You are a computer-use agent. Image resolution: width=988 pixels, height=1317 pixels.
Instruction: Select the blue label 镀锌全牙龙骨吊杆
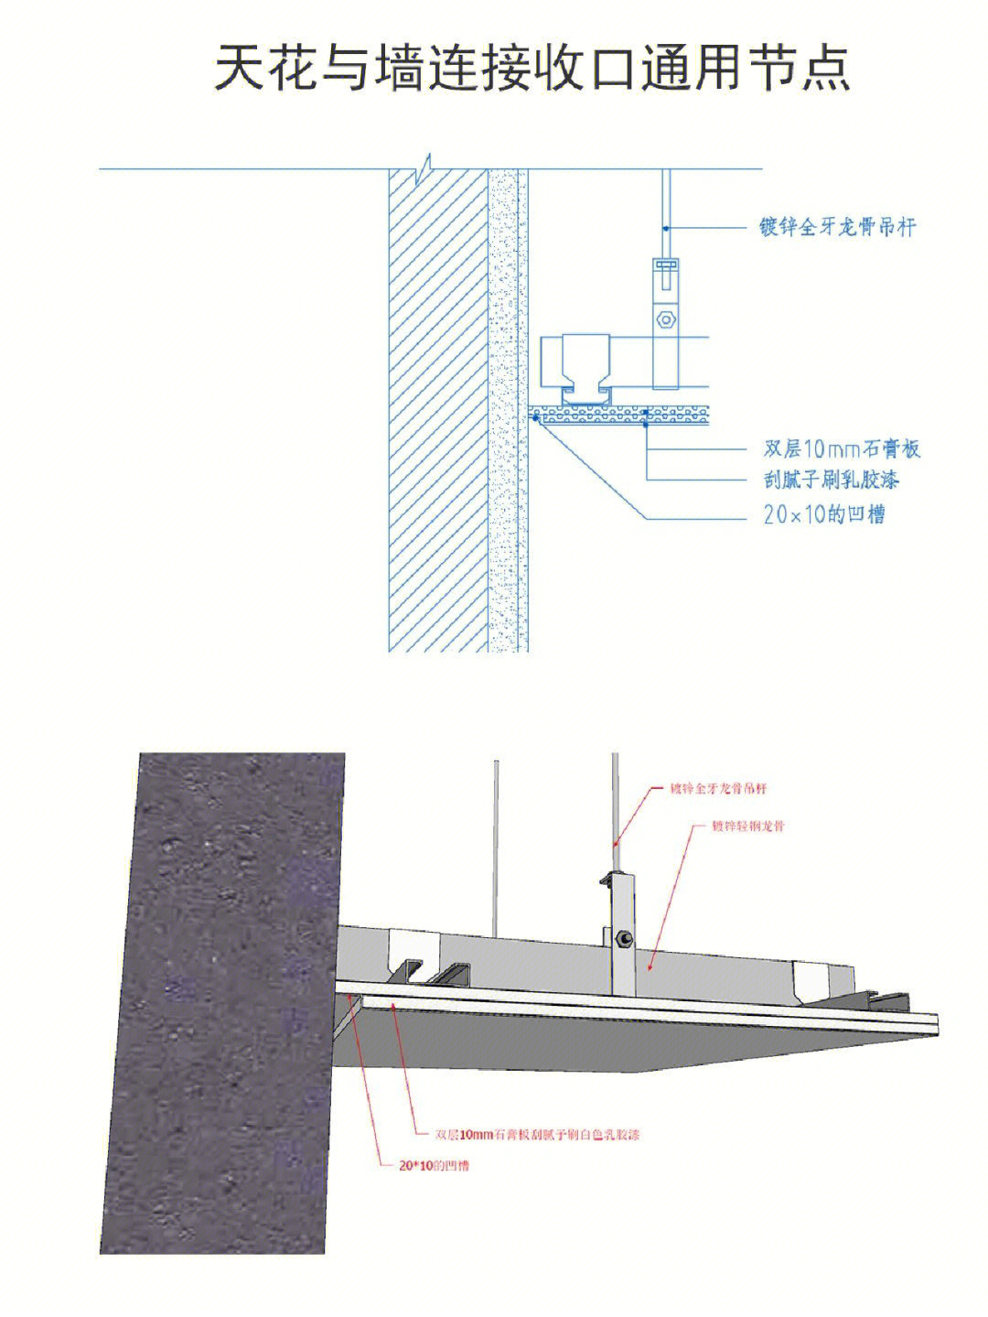(837, 226)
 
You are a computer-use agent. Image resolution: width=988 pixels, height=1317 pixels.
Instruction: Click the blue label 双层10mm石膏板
(841, 448)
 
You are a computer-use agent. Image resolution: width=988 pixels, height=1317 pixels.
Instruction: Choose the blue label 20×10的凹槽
(823, 514)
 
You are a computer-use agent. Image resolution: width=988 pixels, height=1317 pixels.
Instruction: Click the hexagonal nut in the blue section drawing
(666, 320)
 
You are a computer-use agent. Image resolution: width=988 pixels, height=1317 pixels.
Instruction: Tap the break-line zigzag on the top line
(423, 169)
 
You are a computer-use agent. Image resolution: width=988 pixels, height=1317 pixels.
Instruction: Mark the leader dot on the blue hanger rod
(667, 227)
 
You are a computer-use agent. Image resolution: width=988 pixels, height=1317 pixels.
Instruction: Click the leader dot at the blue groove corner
(535, 417)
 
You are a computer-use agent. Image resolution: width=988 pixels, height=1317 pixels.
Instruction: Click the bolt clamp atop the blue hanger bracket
(666, 266)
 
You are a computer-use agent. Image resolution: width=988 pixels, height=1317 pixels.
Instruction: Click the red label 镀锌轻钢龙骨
(748, 826)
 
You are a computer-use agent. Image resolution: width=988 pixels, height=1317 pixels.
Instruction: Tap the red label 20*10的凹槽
(429, 1166)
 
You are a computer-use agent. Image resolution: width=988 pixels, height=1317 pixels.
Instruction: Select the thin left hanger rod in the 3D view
(495, 842)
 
